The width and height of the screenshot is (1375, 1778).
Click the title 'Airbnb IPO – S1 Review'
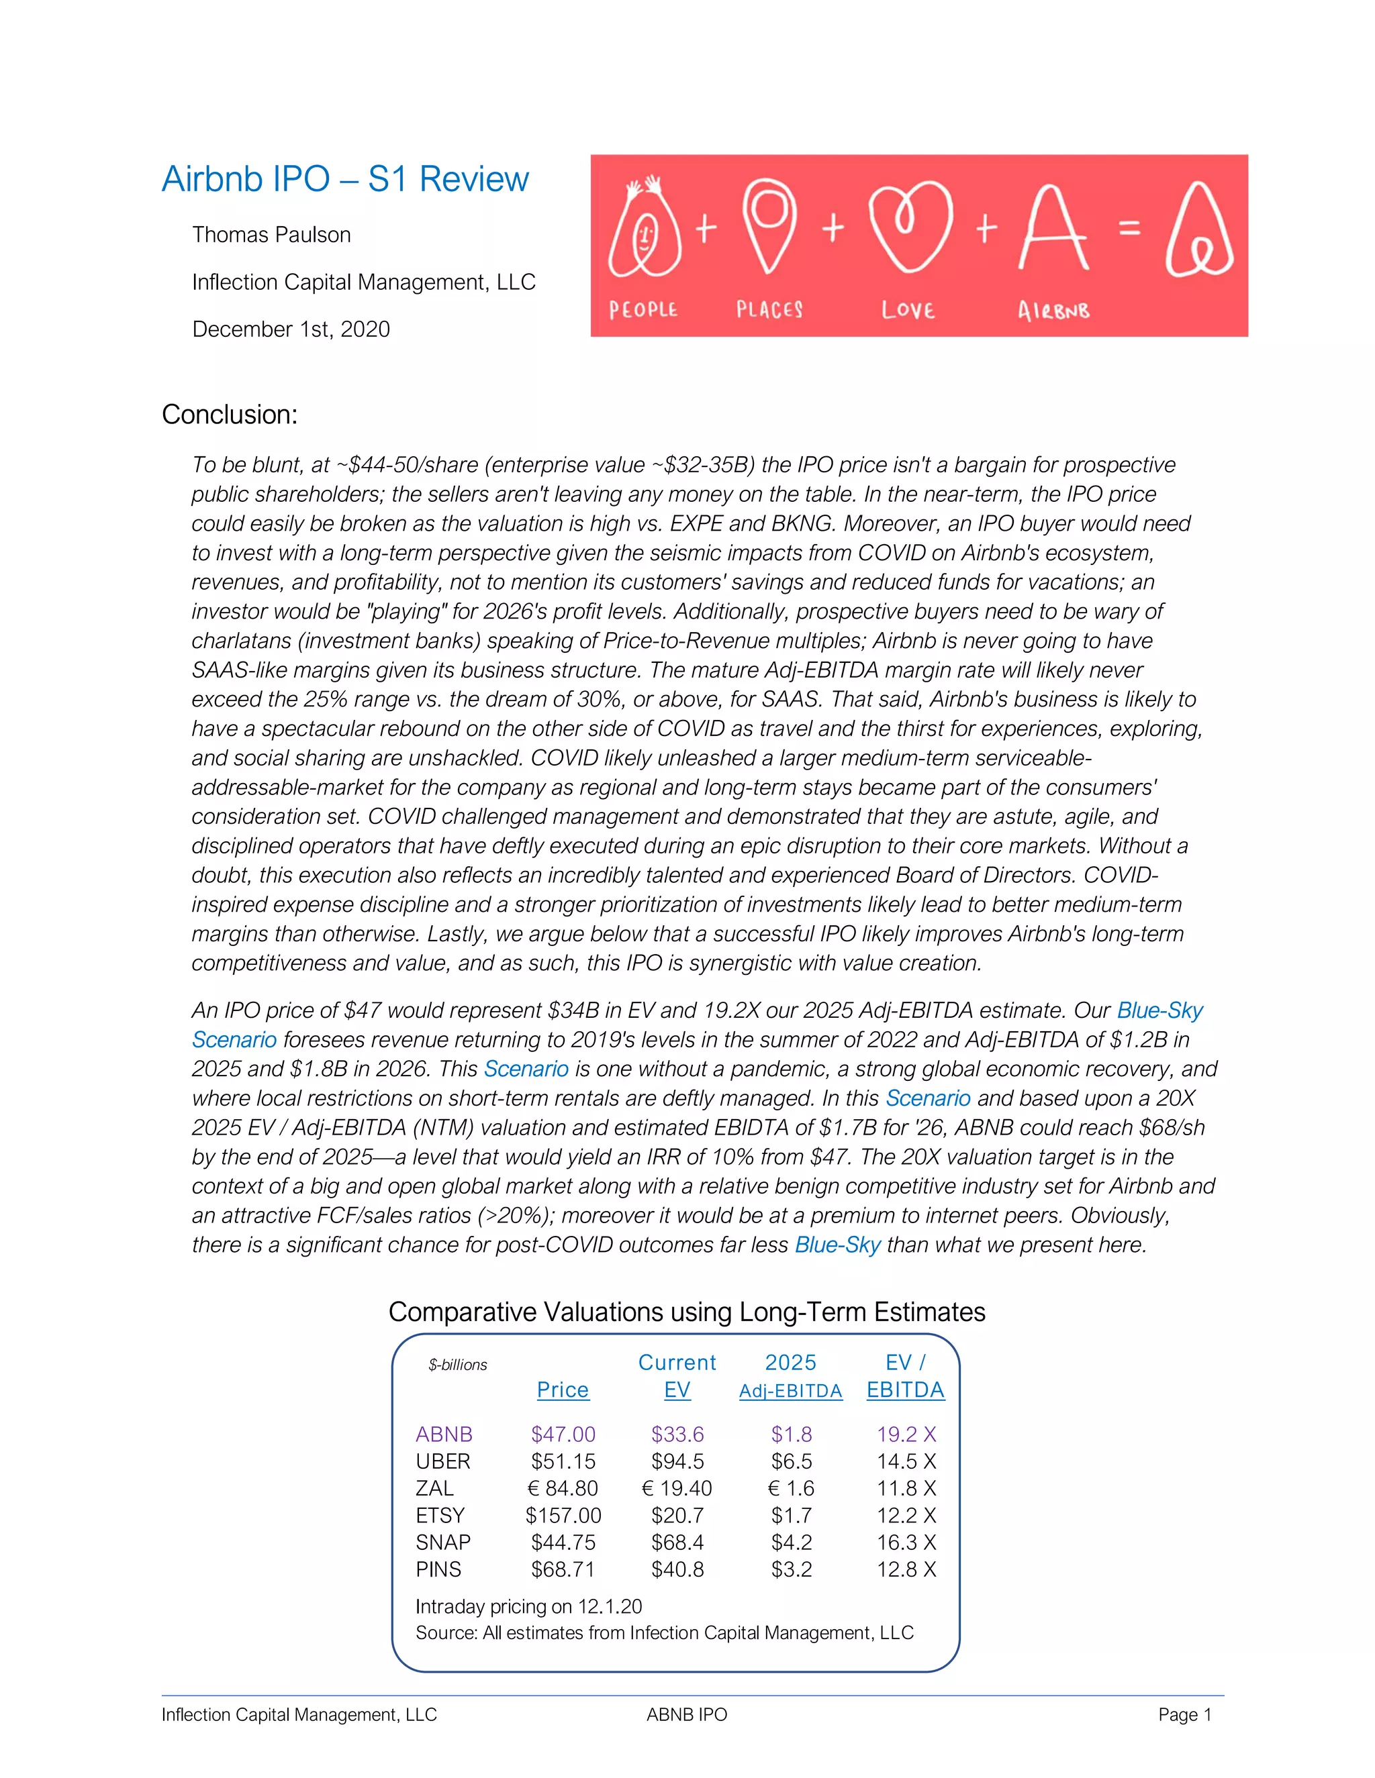pyautogui.click(x=345, y=179)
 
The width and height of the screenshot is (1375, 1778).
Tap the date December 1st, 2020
pyautogui.click(x=291, y=329)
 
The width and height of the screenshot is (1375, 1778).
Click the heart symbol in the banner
pyautogui.click(x=909, y=227)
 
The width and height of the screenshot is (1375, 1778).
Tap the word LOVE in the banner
pyautogui.click(x=908, y=310)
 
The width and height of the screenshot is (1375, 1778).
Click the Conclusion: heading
pyautogui.click(x=230, y=415)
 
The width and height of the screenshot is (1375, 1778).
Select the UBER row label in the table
pyautogui.click(x=443, y=1461)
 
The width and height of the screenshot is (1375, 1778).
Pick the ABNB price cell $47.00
pyautogui.click(x=563, y=1434)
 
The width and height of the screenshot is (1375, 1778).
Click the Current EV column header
pyautogui.click(x=677, y=1376)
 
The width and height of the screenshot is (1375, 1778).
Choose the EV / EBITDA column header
pyautogui.click(x=905, y=1376)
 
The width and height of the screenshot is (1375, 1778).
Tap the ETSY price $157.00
pyautogui.click(x=563, y=1515)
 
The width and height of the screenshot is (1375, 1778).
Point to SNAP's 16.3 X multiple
pyautogui.click(x=906, y=1542)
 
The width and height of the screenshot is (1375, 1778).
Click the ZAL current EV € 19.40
pyautogui.click(x=677, y=1488)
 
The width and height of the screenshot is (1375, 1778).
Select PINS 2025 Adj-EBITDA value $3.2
pyautogui.click(x=791, y=1569)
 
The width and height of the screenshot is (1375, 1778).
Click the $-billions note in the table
pyautogui.click(x=458, y=1365)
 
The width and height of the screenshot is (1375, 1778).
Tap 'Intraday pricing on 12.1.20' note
pyautogui.click(x=528, y=1606)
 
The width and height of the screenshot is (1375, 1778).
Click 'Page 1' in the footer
pyautogui.click(x=1184, y=1714)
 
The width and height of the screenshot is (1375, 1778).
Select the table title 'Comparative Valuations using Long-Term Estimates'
pyautogui.click(x=687, y=1312)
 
